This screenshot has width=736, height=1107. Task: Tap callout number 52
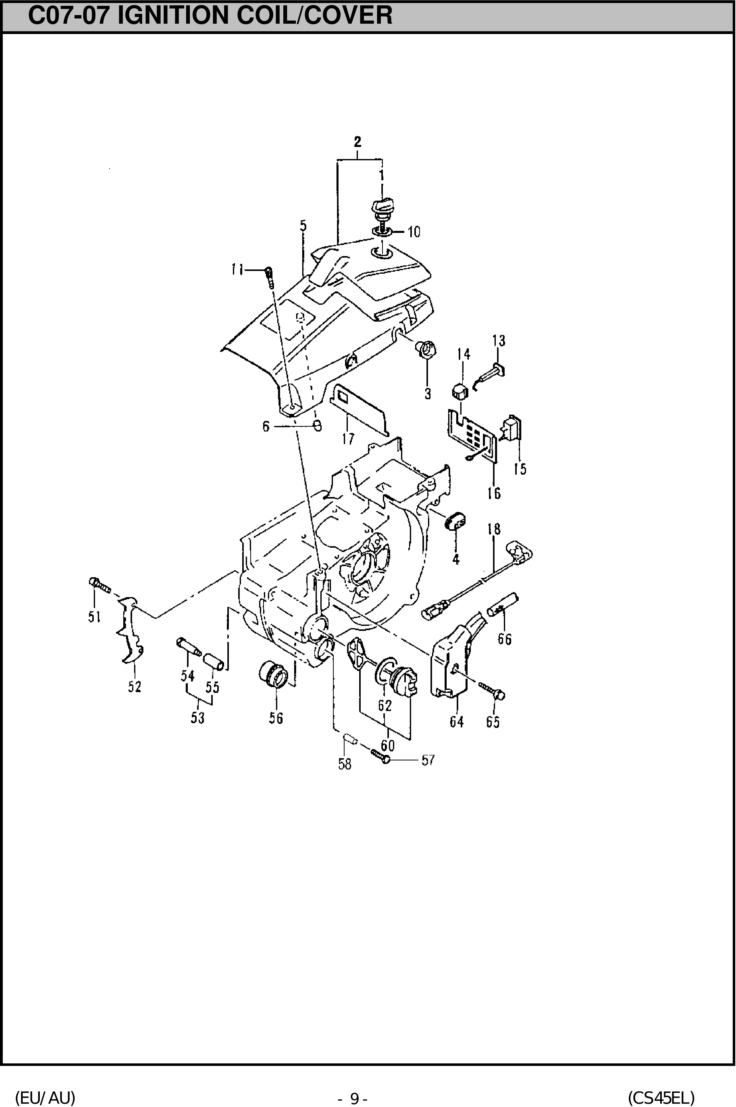pyautogui.click(x=135, y=687)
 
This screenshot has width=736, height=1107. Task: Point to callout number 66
pyautogui.click(x=505, y=639)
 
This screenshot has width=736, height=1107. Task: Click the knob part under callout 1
pyautogui.click(x=383, y=209)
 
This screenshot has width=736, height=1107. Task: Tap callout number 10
pyautogui.click(x=414, y=232)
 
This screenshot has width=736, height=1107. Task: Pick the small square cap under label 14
pyautogui.click(x=461, y=391)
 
